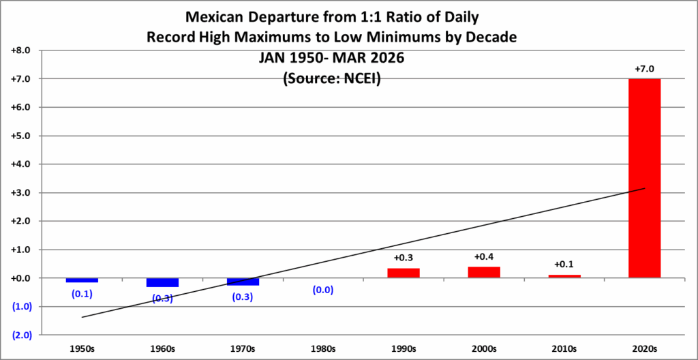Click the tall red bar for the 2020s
pos(644,178)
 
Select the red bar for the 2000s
pos(483,272)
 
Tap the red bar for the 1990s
pos(404,273)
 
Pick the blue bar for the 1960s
pos(162,282)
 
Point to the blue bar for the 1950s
pos(82,280)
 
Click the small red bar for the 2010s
pos(564,276)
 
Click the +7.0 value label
pos(644,70)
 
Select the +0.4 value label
pos(483,257)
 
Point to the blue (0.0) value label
pos(323,290)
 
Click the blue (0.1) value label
pos(82,294)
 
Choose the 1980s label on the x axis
pos(323,349)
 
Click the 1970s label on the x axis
pos(243,349)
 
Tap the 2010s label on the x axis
pos(564,349)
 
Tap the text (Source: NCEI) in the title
pos(331,79)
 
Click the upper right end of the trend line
pos(644,188)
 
